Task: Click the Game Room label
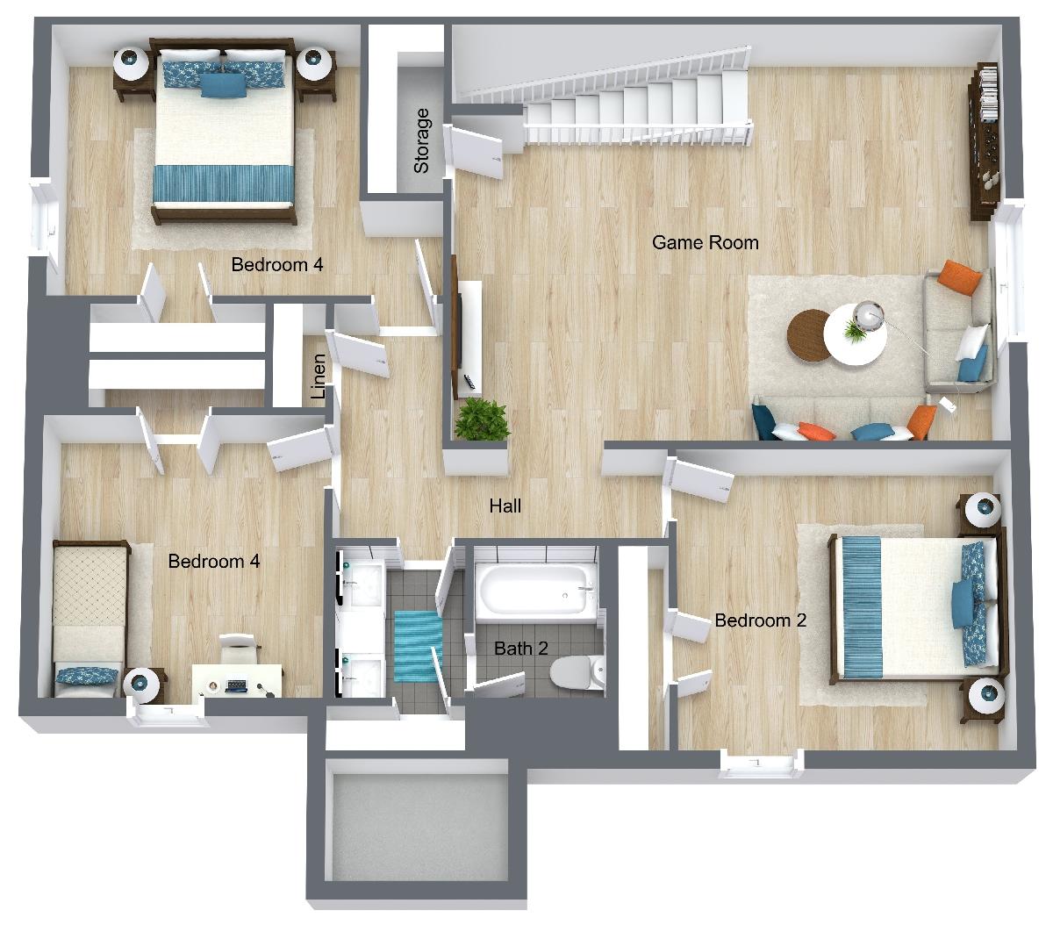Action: click(705, 242)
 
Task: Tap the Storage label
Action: click(421, 141)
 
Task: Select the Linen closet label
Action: click(318, 376)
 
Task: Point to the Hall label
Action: click(505, 506)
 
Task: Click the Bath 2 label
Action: click(520, 648)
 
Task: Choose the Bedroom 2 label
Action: click(761, 620)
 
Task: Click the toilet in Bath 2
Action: click(577, 671)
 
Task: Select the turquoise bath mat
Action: click(418, 646)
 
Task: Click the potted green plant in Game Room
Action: click(483, 419)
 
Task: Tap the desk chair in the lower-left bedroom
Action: click(239, 648)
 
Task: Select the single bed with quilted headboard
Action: click(90, 619)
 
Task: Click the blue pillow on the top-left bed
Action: click(223, 86)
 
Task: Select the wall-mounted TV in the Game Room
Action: click(455, 327)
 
